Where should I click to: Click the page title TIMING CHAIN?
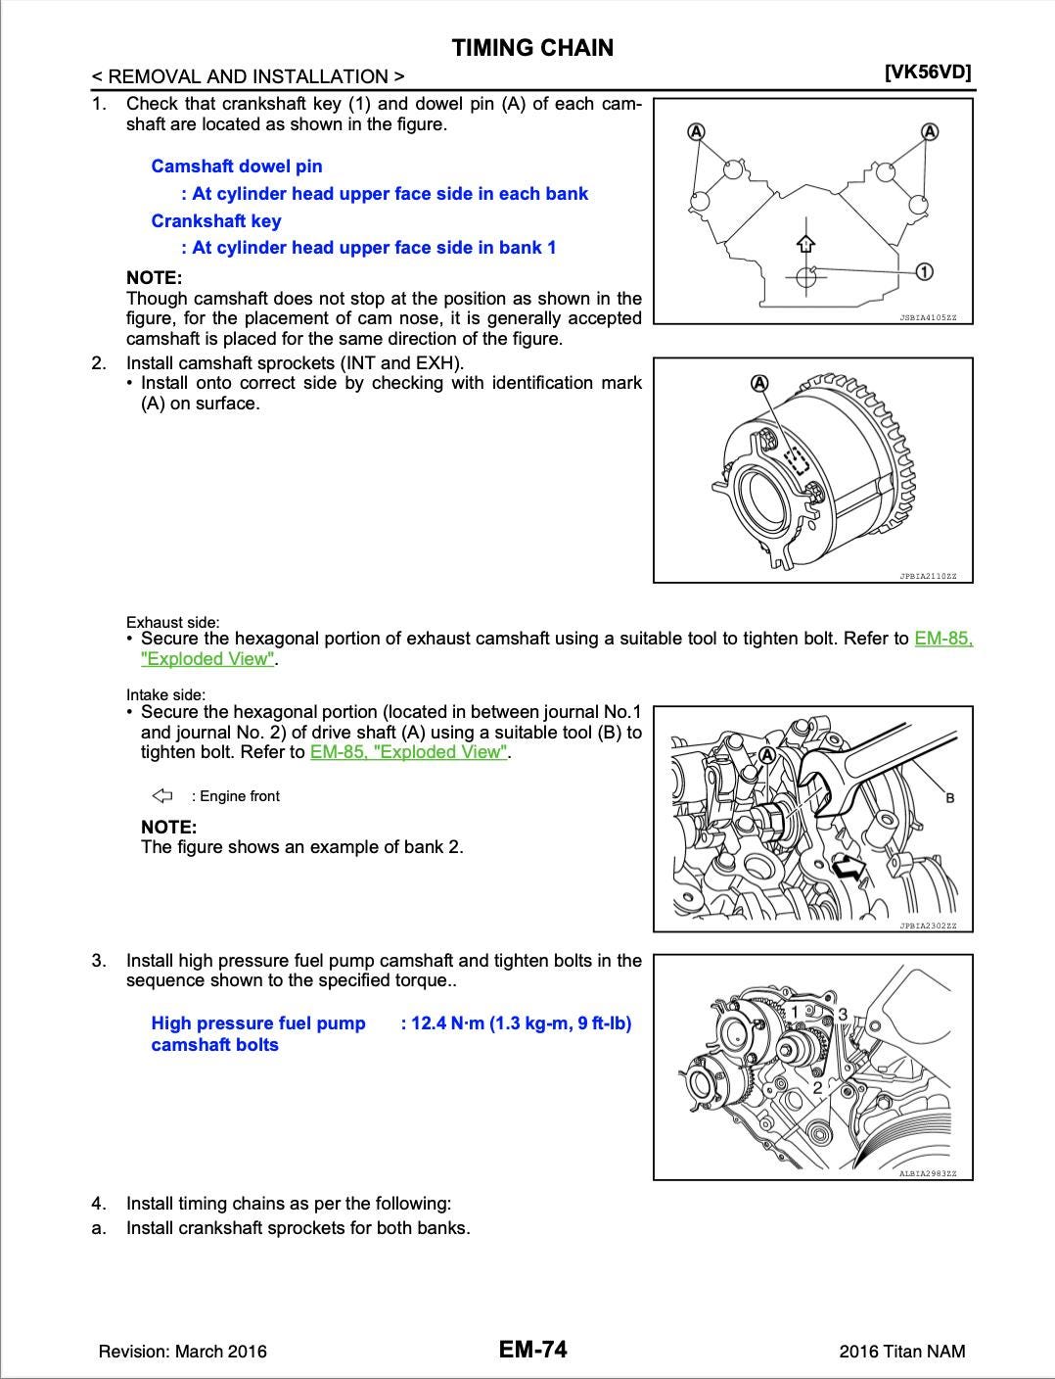pos(532,48)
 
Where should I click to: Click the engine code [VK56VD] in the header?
pos(927,72)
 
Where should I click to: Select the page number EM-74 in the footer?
pos(532,1350)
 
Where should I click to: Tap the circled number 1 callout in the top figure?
pos(923,271)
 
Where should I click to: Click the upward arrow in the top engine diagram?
pos(805,243)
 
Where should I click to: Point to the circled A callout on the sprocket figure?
pos(759,382)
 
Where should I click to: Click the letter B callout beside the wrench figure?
pos(949,798)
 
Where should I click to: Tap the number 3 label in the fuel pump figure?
pos(842,1015)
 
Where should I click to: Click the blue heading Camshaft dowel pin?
pos(237,166)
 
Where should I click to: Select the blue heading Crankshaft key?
pos(216,221)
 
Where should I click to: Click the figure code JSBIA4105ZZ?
pos(928,317)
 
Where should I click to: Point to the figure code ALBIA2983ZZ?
pos(928,1173)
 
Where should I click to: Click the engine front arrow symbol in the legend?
pos(162,795)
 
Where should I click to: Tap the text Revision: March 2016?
pos(182,1352)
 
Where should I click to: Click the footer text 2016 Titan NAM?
pos(901,1352)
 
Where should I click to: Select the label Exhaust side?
pos(173,622)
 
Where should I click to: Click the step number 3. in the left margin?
pos(99,961)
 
